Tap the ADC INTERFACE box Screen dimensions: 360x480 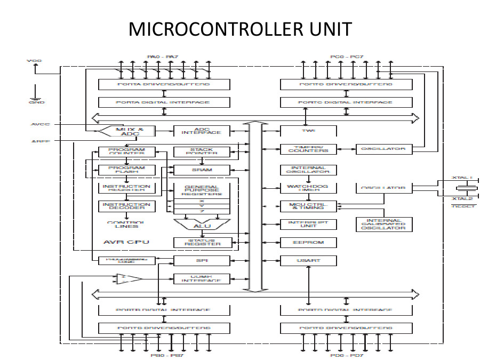(202, 131)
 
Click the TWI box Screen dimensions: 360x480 (308, 131)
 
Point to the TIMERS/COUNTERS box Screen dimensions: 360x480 (308, 149)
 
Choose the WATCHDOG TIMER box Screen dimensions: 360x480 (308, 188)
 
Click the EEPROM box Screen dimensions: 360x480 (308, 243)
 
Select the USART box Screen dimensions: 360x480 (308, 261)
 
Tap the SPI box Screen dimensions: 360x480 (202, 261)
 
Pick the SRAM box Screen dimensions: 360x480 (202, 170)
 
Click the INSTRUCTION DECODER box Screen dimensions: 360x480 (125, 206)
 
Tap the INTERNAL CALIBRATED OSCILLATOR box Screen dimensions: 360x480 (383, 224)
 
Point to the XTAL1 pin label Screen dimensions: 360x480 (462, 178)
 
